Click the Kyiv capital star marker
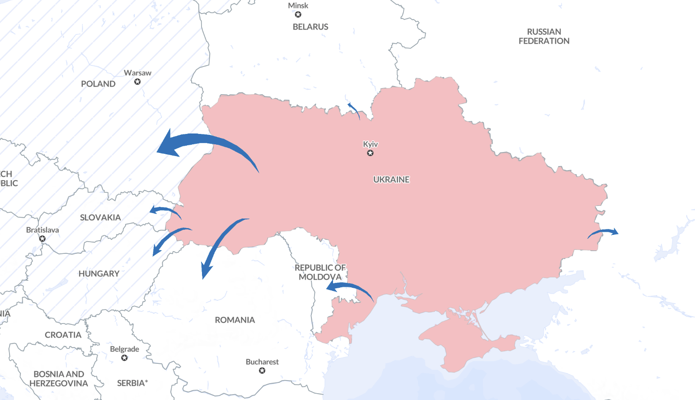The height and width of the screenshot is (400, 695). click(x=370, y=153)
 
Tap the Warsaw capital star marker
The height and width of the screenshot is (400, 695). click(x=137, y=82)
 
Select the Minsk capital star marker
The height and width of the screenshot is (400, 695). click(x=298, y=14)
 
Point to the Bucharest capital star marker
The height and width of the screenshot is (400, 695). click(x=262, y=371)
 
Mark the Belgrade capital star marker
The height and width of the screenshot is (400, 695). click(x=124, y=358)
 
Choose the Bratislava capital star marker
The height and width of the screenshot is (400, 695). click(x=42, y=238)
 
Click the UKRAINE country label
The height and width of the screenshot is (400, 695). click(x=391, y=180)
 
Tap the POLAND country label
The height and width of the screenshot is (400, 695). click(x=98, y=84)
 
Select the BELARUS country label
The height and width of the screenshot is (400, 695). click(x=310, y=27)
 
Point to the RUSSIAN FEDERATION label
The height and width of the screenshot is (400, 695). click(x=544, y=36)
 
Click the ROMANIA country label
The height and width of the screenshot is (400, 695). click(x=235, y=320)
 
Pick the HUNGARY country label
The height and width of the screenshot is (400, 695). click(x=99, y=274)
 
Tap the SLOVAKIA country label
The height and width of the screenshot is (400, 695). click(x=100, y=218)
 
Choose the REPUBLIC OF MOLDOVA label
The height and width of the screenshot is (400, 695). click(x=320, y=272)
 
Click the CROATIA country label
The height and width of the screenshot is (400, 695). click(x=63, y=335)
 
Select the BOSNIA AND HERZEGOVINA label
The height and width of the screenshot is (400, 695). click(x=59, y=379)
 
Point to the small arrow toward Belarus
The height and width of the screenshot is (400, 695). click(x=354, y=110)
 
